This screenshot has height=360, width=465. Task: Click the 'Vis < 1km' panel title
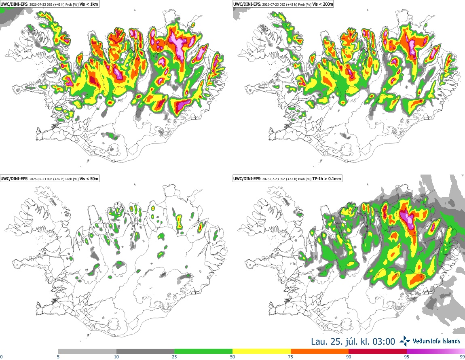pos(89,4)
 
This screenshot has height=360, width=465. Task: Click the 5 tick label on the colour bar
pos(58,357)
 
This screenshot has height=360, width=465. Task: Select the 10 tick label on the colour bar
pos(116,357)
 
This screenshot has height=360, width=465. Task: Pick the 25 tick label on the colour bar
pos(174,357)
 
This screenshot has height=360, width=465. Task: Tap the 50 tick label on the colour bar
pos(232,357)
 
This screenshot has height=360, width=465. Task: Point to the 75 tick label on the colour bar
pos(291,357)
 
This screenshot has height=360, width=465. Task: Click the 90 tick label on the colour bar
pos(349,357)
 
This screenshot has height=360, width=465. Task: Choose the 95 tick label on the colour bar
pos(407,357)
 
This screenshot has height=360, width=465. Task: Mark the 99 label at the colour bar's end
pos(462,357)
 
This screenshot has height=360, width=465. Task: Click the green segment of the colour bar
pos(203,352)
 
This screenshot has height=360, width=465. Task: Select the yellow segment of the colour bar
pos(262,352)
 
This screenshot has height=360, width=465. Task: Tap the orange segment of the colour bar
pos(320,352)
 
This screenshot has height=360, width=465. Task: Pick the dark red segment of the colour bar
pos(378,352)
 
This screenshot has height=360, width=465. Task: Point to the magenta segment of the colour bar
pos(436,352)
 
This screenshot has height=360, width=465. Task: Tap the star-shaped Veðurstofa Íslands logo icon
pos(405,341)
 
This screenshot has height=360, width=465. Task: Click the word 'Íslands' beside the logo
pos(449,341)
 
